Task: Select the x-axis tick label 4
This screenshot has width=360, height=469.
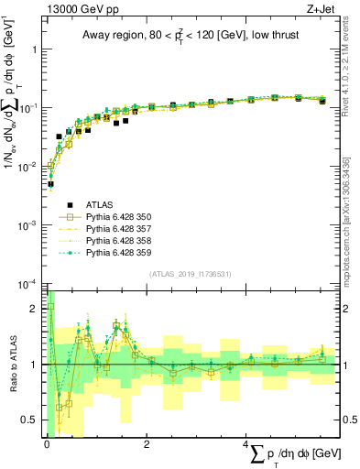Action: click(x=248, y=443)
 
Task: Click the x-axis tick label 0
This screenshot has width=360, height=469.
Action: click(x=47, y=443)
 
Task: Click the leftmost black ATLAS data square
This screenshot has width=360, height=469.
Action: click(x=50, y=184)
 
